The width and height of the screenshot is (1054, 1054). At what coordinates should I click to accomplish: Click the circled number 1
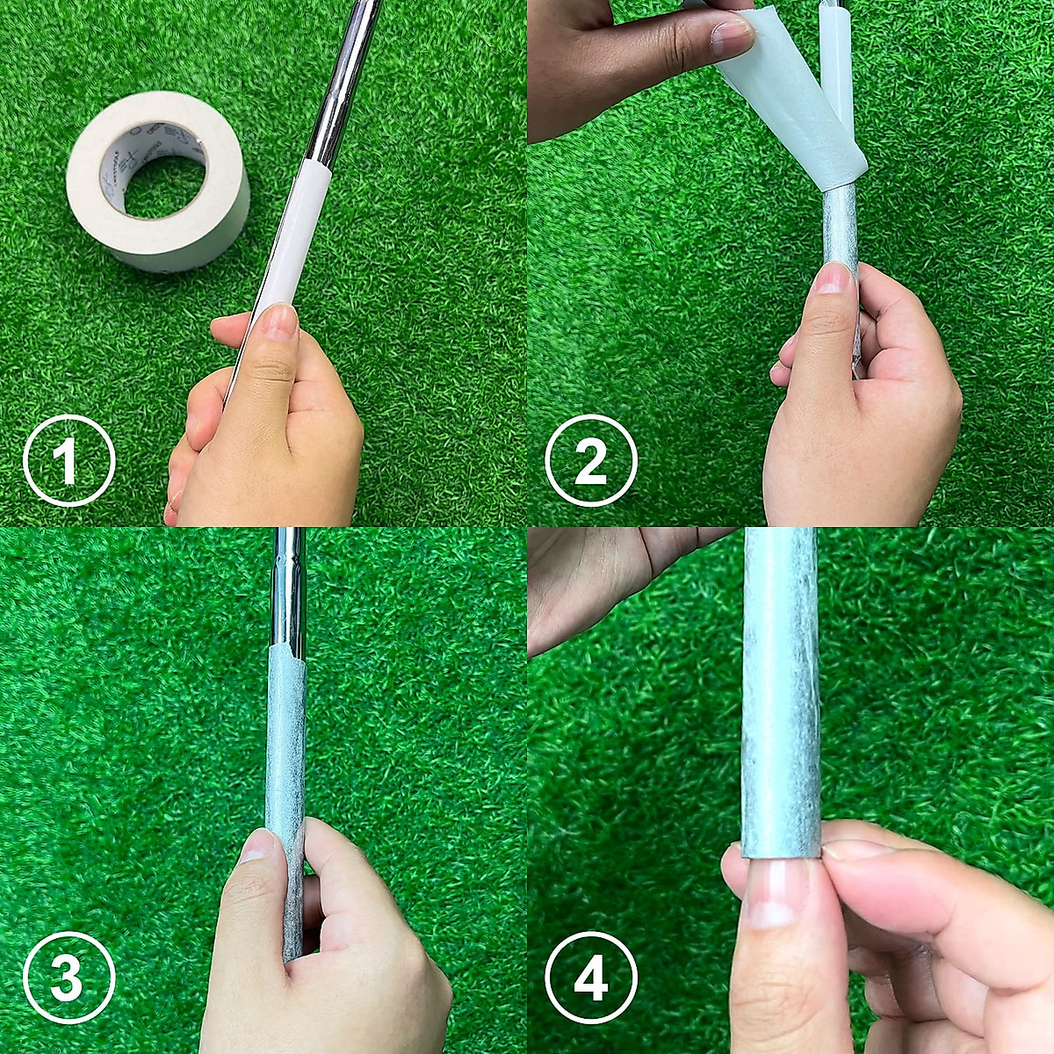point(69,461)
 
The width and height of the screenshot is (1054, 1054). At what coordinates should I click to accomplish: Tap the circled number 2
point(590,461)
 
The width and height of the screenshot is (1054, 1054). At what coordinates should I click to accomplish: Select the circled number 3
point(69,977)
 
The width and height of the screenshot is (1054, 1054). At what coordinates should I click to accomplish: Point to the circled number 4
point(590,977)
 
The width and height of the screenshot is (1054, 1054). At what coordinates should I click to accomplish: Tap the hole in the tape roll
point(165,186)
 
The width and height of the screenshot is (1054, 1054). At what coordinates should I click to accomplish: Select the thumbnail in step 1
point(279,321)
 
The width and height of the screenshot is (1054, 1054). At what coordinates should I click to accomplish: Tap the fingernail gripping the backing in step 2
point(731,35)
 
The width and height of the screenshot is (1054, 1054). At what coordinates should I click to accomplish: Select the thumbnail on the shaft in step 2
point(833,278)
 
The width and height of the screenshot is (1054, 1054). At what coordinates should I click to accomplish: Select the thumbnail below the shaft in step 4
point(771,896)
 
